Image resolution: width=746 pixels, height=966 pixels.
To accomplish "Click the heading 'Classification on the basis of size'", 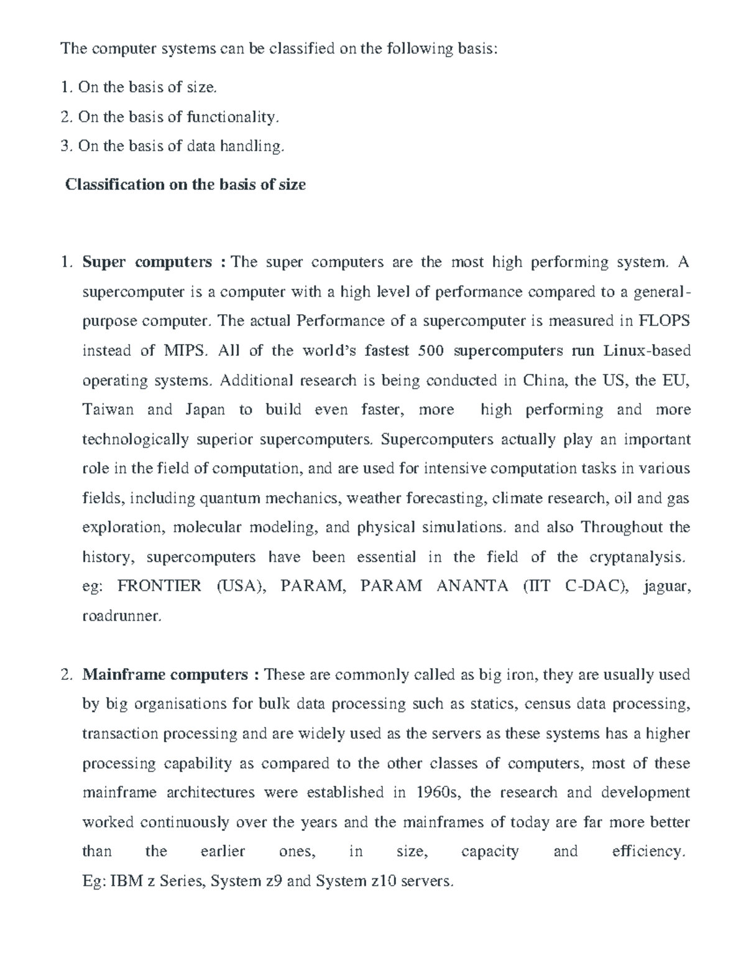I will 185,185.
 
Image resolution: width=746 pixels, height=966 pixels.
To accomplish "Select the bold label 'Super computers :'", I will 154,262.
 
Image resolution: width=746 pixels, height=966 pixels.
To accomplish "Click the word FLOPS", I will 665,321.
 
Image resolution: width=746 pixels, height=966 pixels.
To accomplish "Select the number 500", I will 431,351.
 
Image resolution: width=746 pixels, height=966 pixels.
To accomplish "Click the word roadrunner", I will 122,616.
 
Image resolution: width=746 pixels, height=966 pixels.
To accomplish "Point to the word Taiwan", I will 108,410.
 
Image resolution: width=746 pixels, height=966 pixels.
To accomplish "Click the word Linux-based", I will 647,351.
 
